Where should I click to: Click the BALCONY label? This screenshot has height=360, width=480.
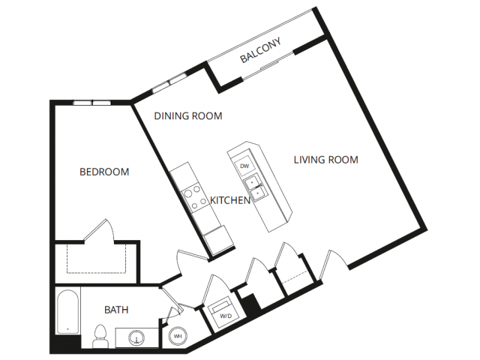click(260, 50)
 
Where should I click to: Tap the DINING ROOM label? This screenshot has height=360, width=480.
click(188, 116)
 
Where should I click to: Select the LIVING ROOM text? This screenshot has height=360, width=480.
click(326, 160)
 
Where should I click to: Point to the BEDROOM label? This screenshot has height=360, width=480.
click(104, 172)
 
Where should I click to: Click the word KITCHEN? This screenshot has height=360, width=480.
click(230, 200)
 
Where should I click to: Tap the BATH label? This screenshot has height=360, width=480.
click(116, 310)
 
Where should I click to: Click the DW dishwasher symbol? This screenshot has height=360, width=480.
click(244, 166)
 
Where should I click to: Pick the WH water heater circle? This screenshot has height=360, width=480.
click(178, 336)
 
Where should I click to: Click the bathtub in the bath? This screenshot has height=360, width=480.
click(67, 312)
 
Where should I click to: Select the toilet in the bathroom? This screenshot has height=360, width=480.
click(100, 336)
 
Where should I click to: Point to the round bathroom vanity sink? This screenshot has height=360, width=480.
click(136, 337)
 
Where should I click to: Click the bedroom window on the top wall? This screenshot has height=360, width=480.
click(92, 103)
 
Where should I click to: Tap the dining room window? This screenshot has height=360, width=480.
click(169, 82)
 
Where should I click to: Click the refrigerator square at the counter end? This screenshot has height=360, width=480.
click(218, 240)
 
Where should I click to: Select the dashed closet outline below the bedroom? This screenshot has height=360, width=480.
click(97, 259)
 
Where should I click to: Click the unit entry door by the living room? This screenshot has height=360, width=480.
click(333, 264)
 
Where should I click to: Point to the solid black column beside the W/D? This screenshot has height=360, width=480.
click(251, 305)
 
